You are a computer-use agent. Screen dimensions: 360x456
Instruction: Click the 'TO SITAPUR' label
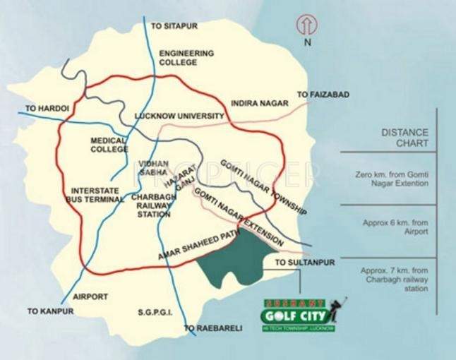[x=174, y=26]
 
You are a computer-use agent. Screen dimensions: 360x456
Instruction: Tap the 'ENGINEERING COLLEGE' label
[x=186, y=57]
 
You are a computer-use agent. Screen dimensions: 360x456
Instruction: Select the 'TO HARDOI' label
[x=47, y=109]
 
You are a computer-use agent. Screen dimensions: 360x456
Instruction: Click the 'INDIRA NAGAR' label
[x=260, y=103]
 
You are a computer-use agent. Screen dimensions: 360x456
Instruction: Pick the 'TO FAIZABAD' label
[x=323, y=94]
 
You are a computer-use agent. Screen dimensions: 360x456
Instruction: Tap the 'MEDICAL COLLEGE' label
[x=108, y=145]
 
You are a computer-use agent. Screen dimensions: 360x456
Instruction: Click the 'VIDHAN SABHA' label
[x=153, y=167]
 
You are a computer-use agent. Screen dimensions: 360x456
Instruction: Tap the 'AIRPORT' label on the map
[x=91, y=296]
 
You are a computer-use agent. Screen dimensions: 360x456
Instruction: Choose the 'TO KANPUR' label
[x=49, y=311]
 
